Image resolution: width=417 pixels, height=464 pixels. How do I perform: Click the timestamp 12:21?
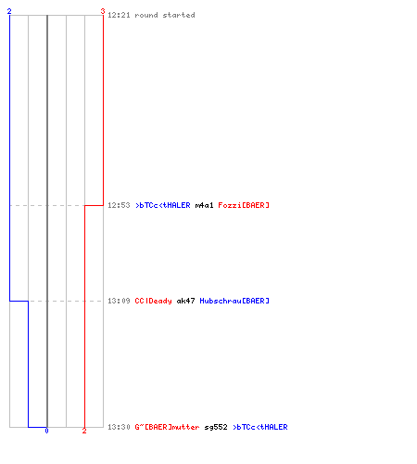(119, 15)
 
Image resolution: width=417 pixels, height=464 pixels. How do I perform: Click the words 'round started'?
(165, 15)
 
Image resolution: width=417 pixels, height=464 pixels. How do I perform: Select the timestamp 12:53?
(119, 205)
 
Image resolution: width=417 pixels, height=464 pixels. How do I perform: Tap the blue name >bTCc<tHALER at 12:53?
(163, 205)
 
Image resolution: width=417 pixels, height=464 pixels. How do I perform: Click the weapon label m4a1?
(204, 205)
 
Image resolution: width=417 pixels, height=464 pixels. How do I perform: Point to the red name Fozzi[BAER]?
(244, 205)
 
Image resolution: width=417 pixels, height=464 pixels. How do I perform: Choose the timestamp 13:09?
(119, 301)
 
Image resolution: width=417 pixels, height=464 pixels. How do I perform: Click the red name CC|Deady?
(153, 301)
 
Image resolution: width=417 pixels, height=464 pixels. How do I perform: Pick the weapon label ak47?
(185, 301)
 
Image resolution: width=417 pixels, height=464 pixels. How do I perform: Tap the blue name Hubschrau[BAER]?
(234, 301)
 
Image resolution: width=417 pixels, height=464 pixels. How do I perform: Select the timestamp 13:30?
(119, 427)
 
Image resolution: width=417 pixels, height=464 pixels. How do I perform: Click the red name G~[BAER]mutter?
(167, 427)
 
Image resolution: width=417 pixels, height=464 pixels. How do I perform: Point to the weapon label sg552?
(216, 427)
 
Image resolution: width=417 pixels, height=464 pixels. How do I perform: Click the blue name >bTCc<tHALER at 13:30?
(260, 427)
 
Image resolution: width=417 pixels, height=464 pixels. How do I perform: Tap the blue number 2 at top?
(9, 11)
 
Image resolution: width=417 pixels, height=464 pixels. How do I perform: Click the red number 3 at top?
(103, 11)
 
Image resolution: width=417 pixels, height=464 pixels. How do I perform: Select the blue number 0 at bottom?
(46, 431)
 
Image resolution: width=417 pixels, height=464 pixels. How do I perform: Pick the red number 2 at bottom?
(84, 431)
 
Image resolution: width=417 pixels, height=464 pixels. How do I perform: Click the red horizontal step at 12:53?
(94, 205)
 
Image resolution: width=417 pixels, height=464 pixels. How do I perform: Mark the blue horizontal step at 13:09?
(19, 301)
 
